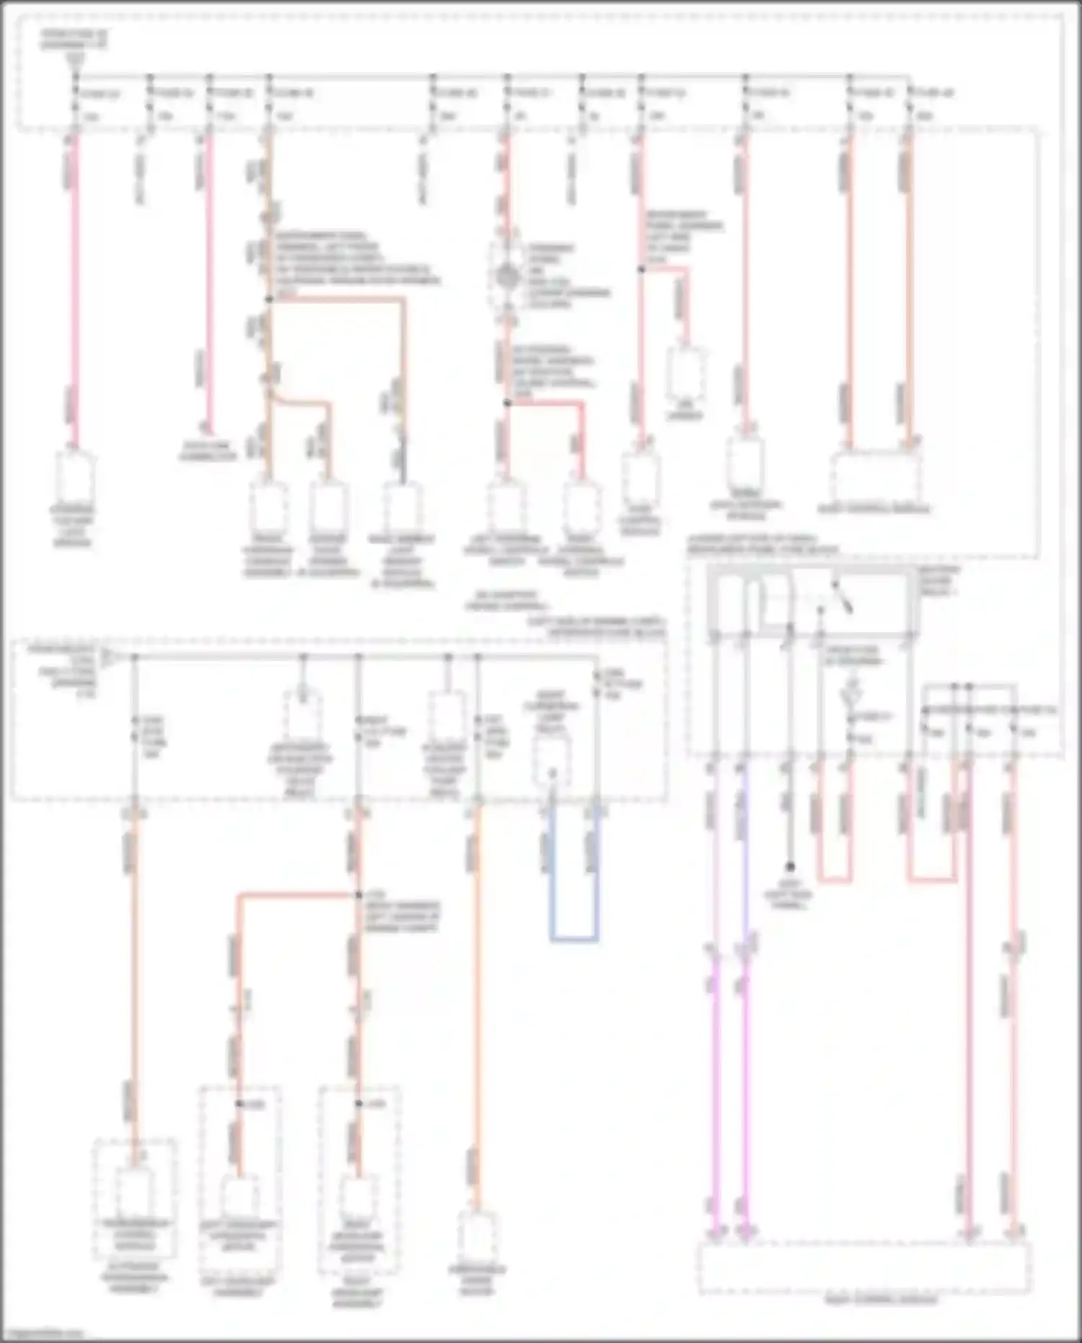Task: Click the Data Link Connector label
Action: (x=208, y=451)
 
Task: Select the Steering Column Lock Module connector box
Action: (x=74, y=477)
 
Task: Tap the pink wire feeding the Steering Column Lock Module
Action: (x=74, y=289)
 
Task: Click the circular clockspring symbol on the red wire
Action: (x=507, y=275)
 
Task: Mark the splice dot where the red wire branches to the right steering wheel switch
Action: (x=507, y=403)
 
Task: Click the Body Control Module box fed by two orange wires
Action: (x=875, y=476)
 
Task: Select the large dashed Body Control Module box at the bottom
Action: (x=864, y=1268)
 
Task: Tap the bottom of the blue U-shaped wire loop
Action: (x=574, y=940)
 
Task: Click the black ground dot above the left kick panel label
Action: (x=790, y=867)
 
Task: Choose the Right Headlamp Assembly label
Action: (x=358, y=1297)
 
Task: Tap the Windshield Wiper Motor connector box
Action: (x=477, y=1236)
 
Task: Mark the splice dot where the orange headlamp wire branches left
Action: (x=358, y=896)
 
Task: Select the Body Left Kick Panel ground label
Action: (x=790, y=895)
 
